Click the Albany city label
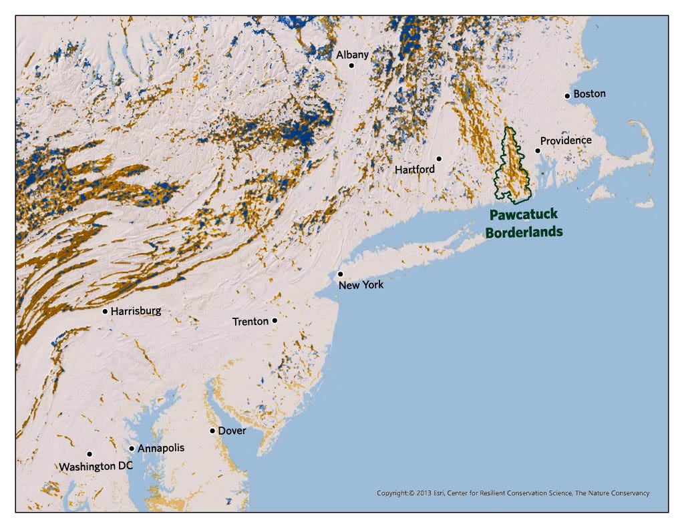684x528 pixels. (x=352, y=55)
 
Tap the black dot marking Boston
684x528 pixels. (x=567, y=95)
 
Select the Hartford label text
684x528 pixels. (x=414, y=170)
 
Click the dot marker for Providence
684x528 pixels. (x=537, y=151)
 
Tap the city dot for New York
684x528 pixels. (x=340, y=274)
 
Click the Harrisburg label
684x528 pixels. (x=136, y=311)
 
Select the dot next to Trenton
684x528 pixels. (x=275, y=320)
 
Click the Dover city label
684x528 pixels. (x=232, y=431)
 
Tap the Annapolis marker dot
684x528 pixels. (x=132, y=449)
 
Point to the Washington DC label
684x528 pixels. (x=96, y=467)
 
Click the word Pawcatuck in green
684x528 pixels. (x=523, y=216)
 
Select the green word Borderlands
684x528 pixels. (x=524, y=232)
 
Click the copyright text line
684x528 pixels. (x=512, y=493)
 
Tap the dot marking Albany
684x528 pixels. (x=351, y=65)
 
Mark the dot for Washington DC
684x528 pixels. (x=90, y=454)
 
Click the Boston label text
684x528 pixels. (x=589, y=93)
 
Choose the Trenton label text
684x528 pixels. (x=250, y=322)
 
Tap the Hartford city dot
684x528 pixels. (x=439, y=158)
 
